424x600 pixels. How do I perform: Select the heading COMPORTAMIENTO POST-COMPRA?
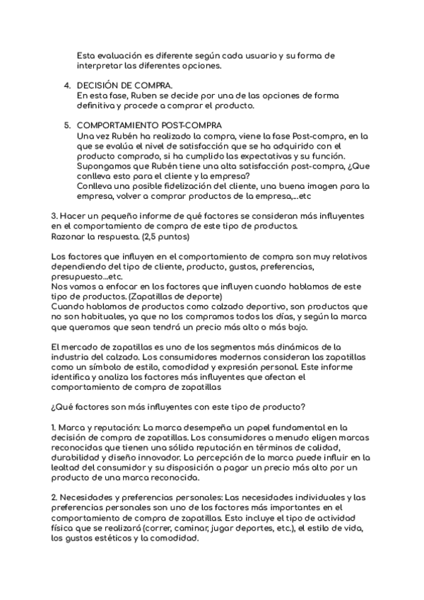139,125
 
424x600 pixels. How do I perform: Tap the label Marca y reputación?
100,427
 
